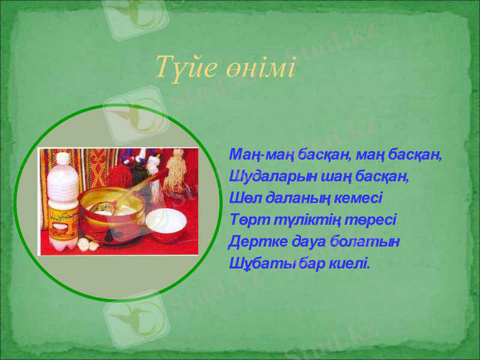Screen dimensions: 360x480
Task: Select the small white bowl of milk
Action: pyautogui.click(x=164, y=224)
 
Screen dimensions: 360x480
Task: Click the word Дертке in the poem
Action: pyautogui.click(x=252, y=241)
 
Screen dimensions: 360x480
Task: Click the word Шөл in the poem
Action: pyautogui.click(x=243, y=199)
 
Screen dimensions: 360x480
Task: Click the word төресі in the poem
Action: pyautogui.click(x=374, y=220)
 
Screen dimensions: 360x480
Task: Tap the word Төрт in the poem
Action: pyautogui.click(x=246, y=220)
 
